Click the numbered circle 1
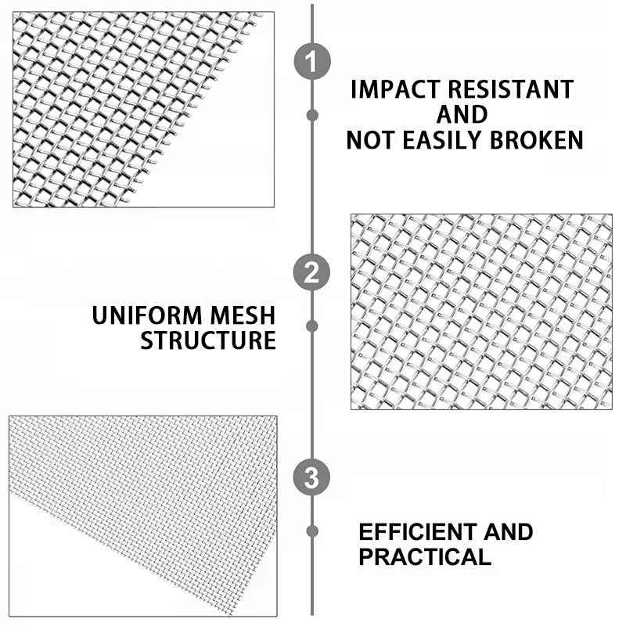[312, 61]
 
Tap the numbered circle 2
[311, 272]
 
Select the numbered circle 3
[311, 477]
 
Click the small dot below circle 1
[312, 115]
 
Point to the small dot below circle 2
[312, 326]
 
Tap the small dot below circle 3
[312, 531]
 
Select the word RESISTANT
[511, 89]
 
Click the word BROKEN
[537, 140]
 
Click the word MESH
[243, 315]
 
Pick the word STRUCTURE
[208, 340]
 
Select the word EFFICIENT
[417, 532]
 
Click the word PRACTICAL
[425, 556]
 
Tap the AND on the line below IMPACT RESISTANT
[462, 114]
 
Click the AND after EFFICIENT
[508, 532]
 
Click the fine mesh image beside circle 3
[143, 516]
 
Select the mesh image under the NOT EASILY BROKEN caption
[481, 311]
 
